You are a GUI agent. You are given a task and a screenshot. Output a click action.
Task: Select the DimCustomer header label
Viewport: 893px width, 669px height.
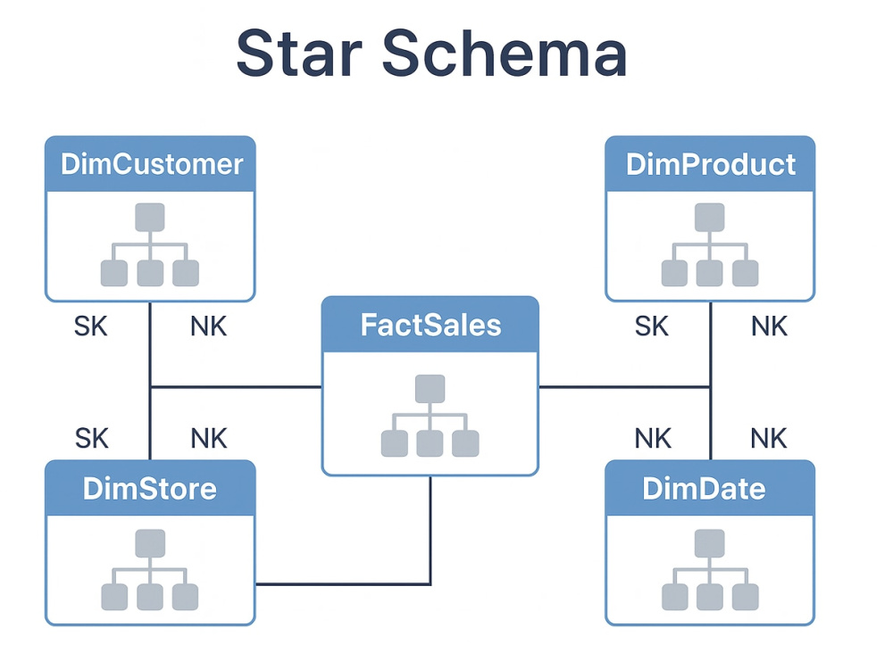click(x=152, y=164)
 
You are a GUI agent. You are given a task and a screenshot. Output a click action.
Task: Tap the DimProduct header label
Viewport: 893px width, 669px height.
click(x=710, y=164)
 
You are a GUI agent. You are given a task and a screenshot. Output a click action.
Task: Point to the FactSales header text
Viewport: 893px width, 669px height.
click(x=430, y=325)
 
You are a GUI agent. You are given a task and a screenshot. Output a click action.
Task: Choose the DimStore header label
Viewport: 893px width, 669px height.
click(x=150, y=489)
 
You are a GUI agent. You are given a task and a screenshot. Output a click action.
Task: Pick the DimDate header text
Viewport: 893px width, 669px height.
click(x=704, y=489)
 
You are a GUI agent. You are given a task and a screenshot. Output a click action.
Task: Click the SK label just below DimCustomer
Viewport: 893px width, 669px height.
click(x=90, y=326)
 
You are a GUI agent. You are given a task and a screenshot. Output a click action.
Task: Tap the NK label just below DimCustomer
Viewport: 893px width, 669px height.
click(x=208, y=326)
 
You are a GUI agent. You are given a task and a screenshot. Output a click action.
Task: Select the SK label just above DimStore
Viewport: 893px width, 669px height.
click(x=91, y=439)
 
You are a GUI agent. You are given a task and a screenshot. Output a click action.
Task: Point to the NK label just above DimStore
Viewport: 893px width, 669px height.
click(x=209, y=439)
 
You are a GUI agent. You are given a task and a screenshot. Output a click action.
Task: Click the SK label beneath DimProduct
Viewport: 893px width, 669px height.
click(x=652, y=326)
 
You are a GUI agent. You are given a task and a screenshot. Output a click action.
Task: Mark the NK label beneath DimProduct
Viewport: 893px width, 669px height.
click(x=770, y=326)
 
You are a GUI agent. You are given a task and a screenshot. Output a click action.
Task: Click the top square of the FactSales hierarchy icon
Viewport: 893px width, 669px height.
click(x=430, y=389)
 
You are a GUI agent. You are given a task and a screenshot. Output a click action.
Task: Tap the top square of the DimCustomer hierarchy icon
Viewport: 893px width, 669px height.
click(x=150, y=218)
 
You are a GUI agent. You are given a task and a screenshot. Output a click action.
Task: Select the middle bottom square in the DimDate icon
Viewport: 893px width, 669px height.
click(x=710, y=598)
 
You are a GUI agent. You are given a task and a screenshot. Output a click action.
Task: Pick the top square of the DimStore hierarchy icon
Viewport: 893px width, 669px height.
click(x=150, y=543)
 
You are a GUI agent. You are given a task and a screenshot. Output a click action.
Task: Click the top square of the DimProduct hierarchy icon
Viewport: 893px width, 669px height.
click(x=710, y=218)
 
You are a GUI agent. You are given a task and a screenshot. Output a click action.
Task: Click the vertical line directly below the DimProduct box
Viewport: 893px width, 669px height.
click(x=711, y=381)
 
